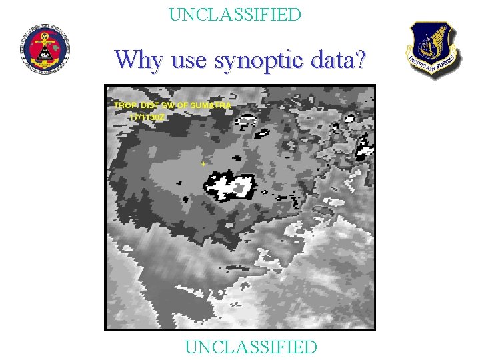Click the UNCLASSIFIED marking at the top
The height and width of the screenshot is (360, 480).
pyautogui.click(x=235, y=14)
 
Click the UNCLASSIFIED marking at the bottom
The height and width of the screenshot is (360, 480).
pyautogui.click(x=251, y=347)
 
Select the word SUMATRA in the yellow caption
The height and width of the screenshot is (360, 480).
pyautogui.click(x=211, y=105)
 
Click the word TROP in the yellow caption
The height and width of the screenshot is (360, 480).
pyautogui.click(x=123, y=105)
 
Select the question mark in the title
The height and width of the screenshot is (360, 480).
pyautogui.click(x=360, y=59)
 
